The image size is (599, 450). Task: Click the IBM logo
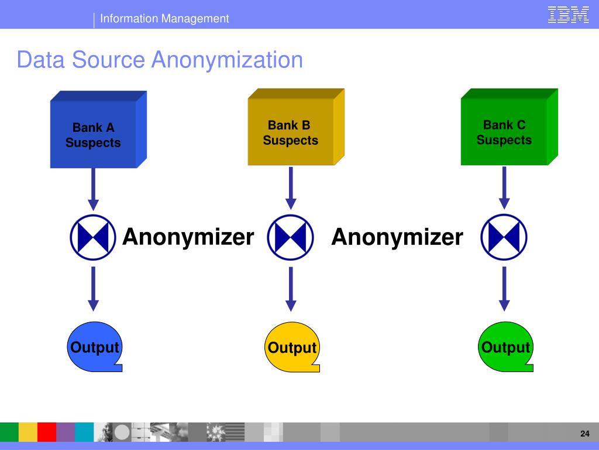click(568, 15)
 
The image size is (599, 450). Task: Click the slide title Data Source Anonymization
click(160, 60)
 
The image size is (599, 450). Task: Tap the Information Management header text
click(164, 19)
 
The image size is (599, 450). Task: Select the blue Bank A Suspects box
click(94, 135)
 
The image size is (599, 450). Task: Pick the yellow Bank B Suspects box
click(291, 132)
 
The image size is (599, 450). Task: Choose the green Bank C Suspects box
click(504, 132)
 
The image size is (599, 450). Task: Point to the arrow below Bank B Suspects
click(291, 187)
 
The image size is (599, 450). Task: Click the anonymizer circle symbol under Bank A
click(93, 238)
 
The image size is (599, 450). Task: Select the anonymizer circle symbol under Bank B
click(291, 238)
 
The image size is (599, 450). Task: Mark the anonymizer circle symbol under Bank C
click(504, 238)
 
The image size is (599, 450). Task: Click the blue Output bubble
click(94, 347)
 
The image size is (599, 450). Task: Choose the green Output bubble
click(505, 347)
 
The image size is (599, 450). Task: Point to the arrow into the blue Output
click(93, 288)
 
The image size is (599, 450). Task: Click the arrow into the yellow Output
click(291, 288)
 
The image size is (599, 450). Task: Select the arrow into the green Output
click(504, 288)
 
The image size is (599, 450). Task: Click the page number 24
click(584, 434)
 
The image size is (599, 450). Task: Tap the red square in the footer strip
click(47, 432)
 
